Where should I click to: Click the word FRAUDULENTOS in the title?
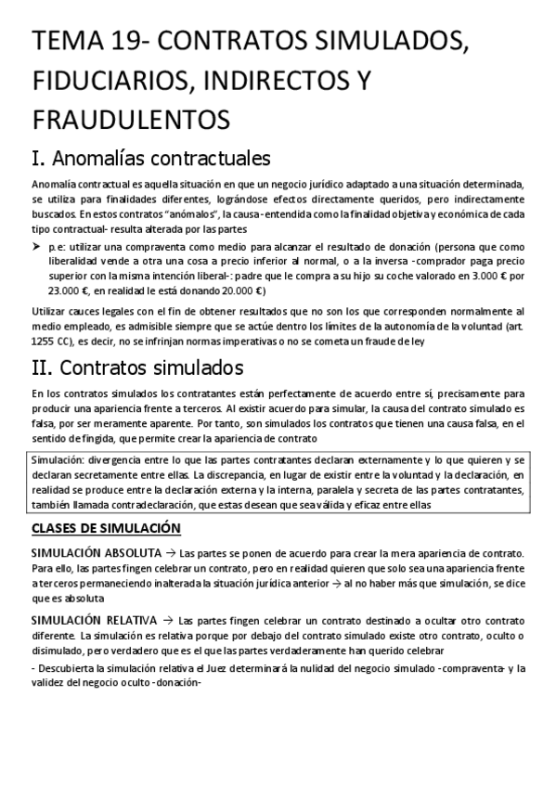point(130,120)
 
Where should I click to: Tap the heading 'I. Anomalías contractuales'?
point(151,156)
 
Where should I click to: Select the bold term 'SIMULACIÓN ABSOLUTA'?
point(97,552)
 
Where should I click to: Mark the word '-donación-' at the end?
point(173,684)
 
